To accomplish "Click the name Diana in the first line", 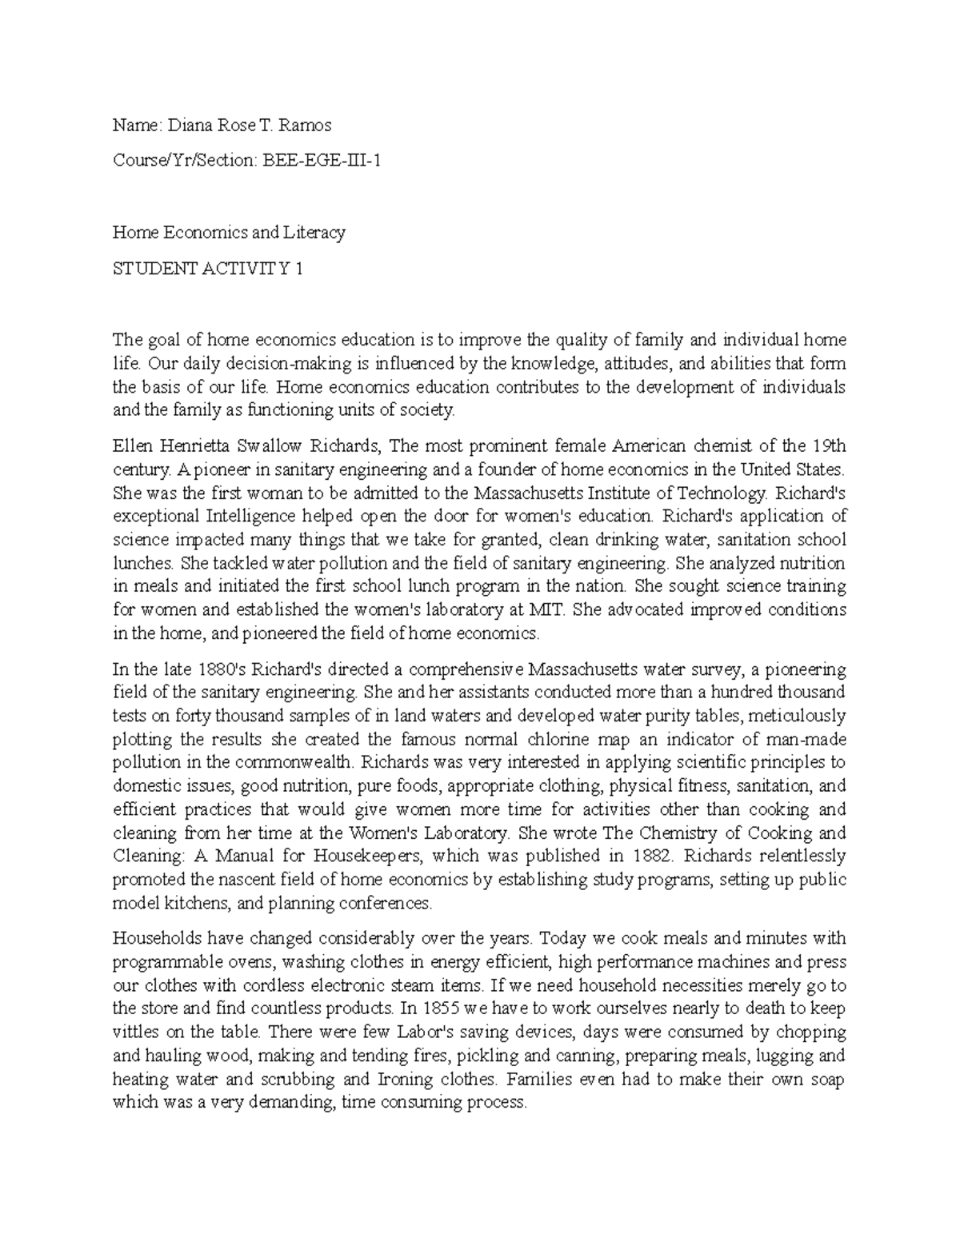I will [x=188, y=125].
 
